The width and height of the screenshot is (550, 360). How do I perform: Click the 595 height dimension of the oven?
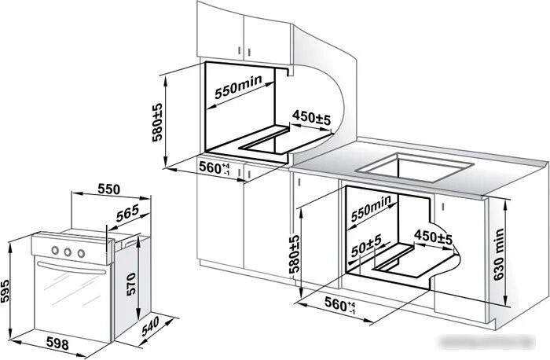(x=5, y=291)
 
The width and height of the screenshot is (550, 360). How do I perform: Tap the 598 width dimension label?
(x=57, y=343)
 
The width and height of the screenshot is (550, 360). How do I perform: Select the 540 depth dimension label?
(x=151, y=326)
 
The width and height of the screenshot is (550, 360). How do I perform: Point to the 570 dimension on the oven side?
(x=131, y=285)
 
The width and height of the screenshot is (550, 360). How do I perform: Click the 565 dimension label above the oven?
(x=127, y=213)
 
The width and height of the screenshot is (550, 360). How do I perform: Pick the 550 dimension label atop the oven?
(x=109, y=189)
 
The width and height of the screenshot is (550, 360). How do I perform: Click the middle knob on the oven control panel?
(x=68, y=252)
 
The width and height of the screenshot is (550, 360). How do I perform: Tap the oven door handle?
(x=71, y=268)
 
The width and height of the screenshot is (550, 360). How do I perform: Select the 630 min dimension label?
(x=499, y=255)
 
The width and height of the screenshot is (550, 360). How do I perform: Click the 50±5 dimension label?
(x=366, y=245)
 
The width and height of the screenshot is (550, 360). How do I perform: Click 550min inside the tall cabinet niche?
(x=238, y=86)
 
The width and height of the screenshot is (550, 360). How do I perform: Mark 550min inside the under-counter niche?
(x=371, y=208)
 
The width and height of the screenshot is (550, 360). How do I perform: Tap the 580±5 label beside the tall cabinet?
(x=157, y=122)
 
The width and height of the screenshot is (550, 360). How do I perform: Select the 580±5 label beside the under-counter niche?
(x=295, y=254)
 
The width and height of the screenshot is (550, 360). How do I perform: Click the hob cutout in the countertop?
(x=414, y=167)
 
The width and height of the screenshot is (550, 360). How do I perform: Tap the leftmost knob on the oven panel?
(x=55, y=250)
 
